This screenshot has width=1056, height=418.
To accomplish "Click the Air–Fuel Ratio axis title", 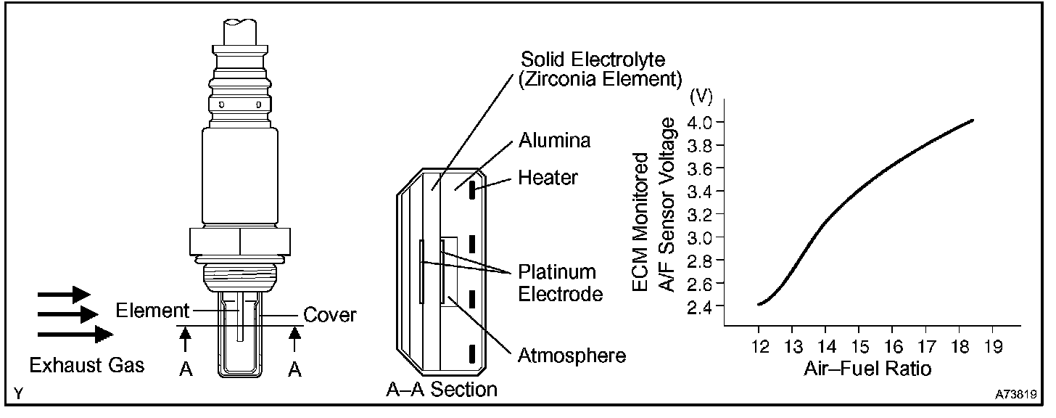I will click(x=867, y=368).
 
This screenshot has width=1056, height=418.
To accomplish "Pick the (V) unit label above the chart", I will click(x=702, y=94).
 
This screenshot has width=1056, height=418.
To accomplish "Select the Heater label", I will click(x=548, y=176).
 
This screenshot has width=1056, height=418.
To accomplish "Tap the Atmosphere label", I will click(x=572, y=355).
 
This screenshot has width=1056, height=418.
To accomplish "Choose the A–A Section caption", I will click(x=442, y=390).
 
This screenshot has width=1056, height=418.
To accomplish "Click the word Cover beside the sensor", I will click(x=329, y=314).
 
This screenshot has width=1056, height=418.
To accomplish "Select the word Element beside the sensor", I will click(x=152, y=311).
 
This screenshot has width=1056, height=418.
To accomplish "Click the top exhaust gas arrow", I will click(x=64, y=295).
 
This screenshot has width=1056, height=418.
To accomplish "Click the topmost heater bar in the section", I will click(x=471, y=191).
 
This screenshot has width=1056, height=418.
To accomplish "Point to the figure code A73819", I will click(x=1015, y=397).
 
